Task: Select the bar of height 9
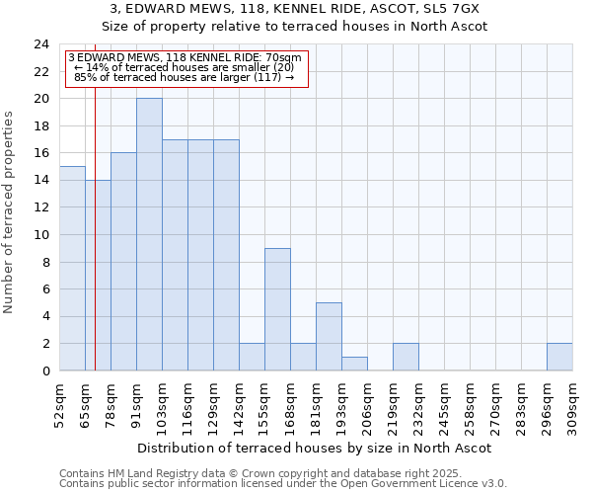[x=277, y=309]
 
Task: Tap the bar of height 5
[x=329, y=336]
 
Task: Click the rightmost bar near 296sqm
[x=559, y=357]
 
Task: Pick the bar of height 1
[x=354, y=364]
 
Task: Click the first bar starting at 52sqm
[x=72, y=268]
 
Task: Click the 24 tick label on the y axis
[x=40, y=44]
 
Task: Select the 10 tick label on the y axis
[x=40, y=235]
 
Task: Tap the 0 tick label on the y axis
[x=44, y=371]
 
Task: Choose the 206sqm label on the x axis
[x=367, y=404]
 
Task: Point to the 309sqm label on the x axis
[x=572, y=404]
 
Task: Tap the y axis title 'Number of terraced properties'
[x=10, y=212]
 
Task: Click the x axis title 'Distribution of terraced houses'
[x=314, y=448]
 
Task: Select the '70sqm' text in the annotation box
[x=285, y=57]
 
